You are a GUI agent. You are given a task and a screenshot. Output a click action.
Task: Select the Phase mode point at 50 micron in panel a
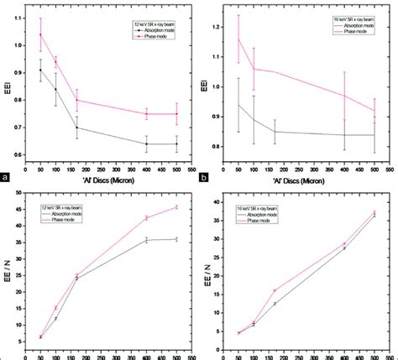click(x=40, y=34)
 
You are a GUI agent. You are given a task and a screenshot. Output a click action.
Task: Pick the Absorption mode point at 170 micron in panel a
click(x=76, y=128)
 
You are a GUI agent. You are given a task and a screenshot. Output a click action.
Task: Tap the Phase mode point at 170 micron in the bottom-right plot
click(x=275, y=290)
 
